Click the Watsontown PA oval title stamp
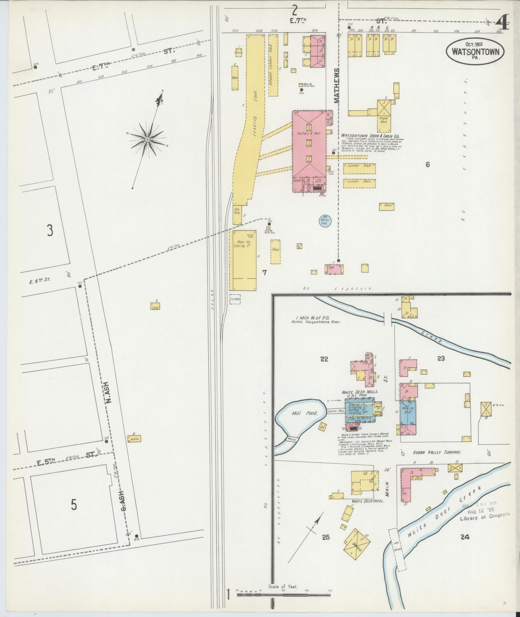(x=475, y=52)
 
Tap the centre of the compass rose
(x=147, y=139)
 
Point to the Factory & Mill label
(x=309, y=133)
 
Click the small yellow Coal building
(x=155, y=306)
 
